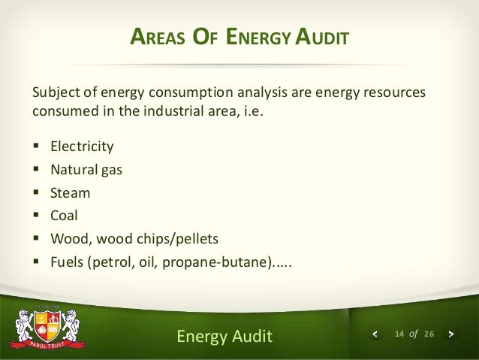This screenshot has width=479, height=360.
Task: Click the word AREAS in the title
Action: click(x=155, y=35)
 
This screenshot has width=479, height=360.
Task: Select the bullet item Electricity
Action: click(x=82, y=146)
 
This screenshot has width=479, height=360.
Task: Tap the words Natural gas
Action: click(x=86, y=169)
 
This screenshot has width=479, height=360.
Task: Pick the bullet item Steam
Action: click(x=71, y=192)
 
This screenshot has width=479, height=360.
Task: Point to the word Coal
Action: click(x=65, y=216)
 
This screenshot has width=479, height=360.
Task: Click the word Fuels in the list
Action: click(x=68, y=263)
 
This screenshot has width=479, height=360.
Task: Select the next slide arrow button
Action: click(x=450, y=333)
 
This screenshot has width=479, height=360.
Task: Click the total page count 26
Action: click(x=429, y=333)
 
